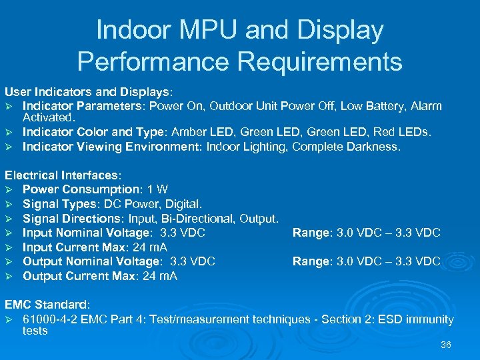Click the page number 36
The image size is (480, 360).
446,345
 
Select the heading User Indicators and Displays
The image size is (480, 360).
88,90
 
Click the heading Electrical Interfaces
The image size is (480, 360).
63,175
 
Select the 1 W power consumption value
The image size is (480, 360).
159,189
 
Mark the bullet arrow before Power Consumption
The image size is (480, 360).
9,190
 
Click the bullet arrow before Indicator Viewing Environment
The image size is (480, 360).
9,147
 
